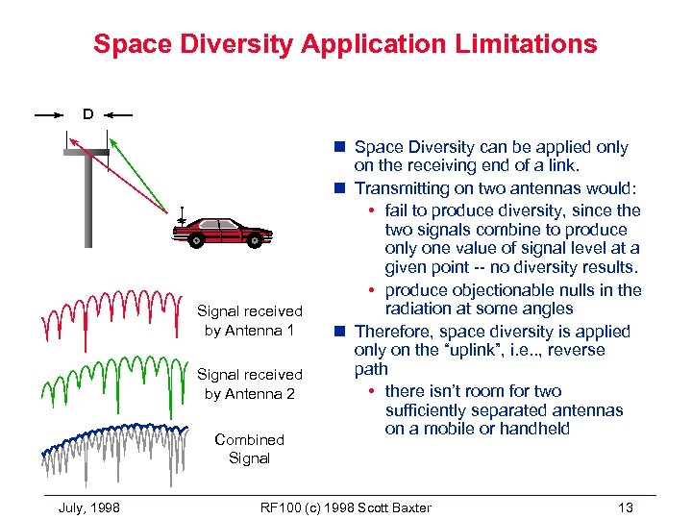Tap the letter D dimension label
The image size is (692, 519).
point(87,114)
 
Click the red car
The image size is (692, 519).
point(223,230)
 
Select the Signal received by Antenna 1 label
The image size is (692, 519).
point(249,320)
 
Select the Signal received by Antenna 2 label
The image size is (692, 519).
point(249,383)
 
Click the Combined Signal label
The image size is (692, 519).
point(249,449)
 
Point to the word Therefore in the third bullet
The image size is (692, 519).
point(392,332)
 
